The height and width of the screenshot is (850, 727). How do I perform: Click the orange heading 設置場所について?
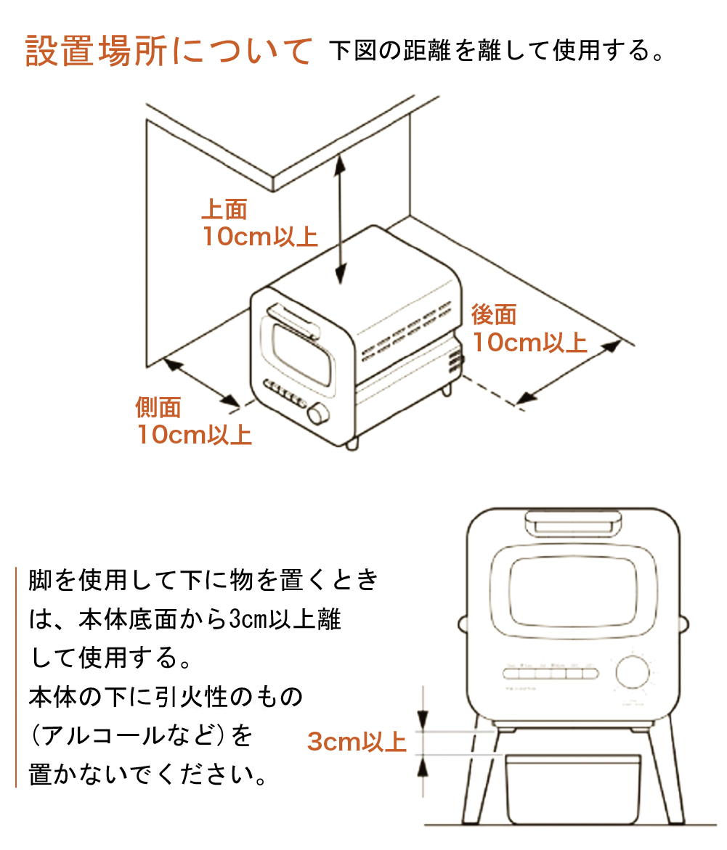[168, 51]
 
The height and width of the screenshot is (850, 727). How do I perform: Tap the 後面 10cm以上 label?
[529, 328]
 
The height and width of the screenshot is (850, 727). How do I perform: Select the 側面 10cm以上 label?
[194, 421]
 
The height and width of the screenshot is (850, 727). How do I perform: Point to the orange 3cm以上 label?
[356, 742]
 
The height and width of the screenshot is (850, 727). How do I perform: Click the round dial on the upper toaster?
[317, 414]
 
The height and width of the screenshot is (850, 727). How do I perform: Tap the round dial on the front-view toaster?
[633, 672]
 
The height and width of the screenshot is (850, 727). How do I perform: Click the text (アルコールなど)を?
[142, 735]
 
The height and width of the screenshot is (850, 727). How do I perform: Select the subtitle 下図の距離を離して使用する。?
[497, 52]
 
